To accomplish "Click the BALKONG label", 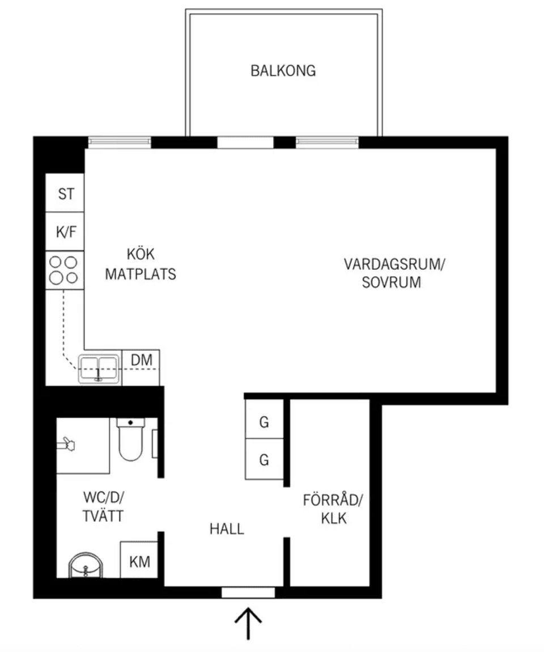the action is pos(283,71).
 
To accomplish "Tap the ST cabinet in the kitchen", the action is pos(65,193).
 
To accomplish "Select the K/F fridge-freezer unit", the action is pos(65,232).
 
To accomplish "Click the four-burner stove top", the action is pos(65,270).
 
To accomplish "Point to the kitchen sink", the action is pos(99,369).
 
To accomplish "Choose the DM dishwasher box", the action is pos(141,367).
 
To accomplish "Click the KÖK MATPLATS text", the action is pos(141,264).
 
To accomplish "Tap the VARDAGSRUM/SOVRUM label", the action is pos(394,273).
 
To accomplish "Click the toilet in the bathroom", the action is pos(130,439).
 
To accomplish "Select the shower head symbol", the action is pos(66,444).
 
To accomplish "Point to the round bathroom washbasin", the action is pos(86,565).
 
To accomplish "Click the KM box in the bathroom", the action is pos(139,559).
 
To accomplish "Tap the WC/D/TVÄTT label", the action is pos(104,506).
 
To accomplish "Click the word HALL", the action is pos(227,529).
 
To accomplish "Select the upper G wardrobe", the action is pos(264,419).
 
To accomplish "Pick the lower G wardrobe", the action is pos(264,459).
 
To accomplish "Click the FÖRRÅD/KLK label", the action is pos(333,509).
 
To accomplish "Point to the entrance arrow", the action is pos(248,624).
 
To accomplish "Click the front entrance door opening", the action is pos(248,592).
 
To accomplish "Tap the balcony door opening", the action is pos(245,142).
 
